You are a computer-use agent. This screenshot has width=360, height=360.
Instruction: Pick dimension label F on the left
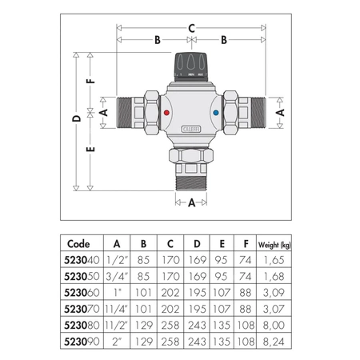(x=93, y=80)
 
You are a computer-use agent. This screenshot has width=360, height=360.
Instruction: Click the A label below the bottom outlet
(x=192, y=202)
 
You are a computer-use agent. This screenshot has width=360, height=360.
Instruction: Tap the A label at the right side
(x=281, y=114)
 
